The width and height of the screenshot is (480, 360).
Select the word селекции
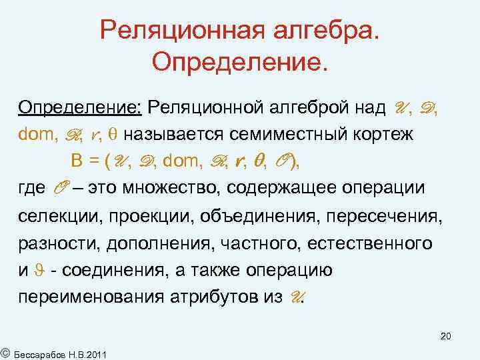point(52,217)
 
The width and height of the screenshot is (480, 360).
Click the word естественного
point(370,244)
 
